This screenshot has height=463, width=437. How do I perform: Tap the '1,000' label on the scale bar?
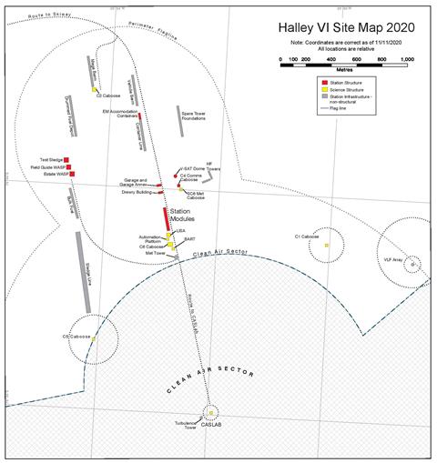[x=406, y=57]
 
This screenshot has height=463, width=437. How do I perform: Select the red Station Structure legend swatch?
[x=312, y=82]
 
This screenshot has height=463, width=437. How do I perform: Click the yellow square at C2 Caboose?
[x=94, y=89]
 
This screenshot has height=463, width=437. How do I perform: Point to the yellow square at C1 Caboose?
[x=314, y=246]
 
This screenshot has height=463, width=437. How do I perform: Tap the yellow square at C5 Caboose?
[x=94, y=338]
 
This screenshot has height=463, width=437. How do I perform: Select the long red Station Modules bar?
[x=166, y=219]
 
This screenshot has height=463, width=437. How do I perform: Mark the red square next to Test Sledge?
[x=66, y=160]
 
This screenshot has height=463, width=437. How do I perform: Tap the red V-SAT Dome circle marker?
[x=176, y=175]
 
